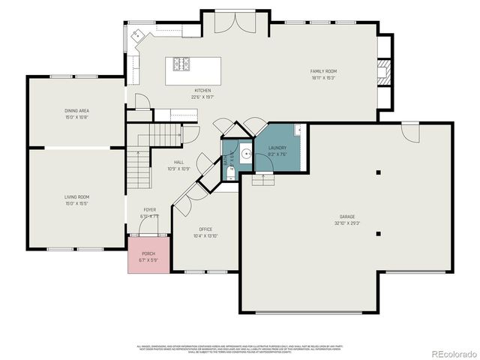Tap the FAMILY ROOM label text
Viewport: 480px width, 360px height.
(x=323, y=71)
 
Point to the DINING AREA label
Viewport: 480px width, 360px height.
(x=76, y=111)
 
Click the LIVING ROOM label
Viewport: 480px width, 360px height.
(x=76, y=196)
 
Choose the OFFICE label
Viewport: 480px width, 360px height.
(x=205, y=229)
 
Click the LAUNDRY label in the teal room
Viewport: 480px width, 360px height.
(x=277, y=148)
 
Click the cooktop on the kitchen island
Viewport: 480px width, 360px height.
(x=183, y=64)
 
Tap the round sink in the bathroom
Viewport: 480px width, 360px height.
(x=245, y=154)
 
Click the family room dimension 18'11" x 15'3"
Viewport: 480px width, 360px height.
(x=323, y=77)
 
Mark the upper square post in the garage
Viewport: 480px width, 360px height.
(x=379, y=172)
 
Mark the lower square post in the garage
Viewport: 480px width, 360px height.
(x=379, y=232)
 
